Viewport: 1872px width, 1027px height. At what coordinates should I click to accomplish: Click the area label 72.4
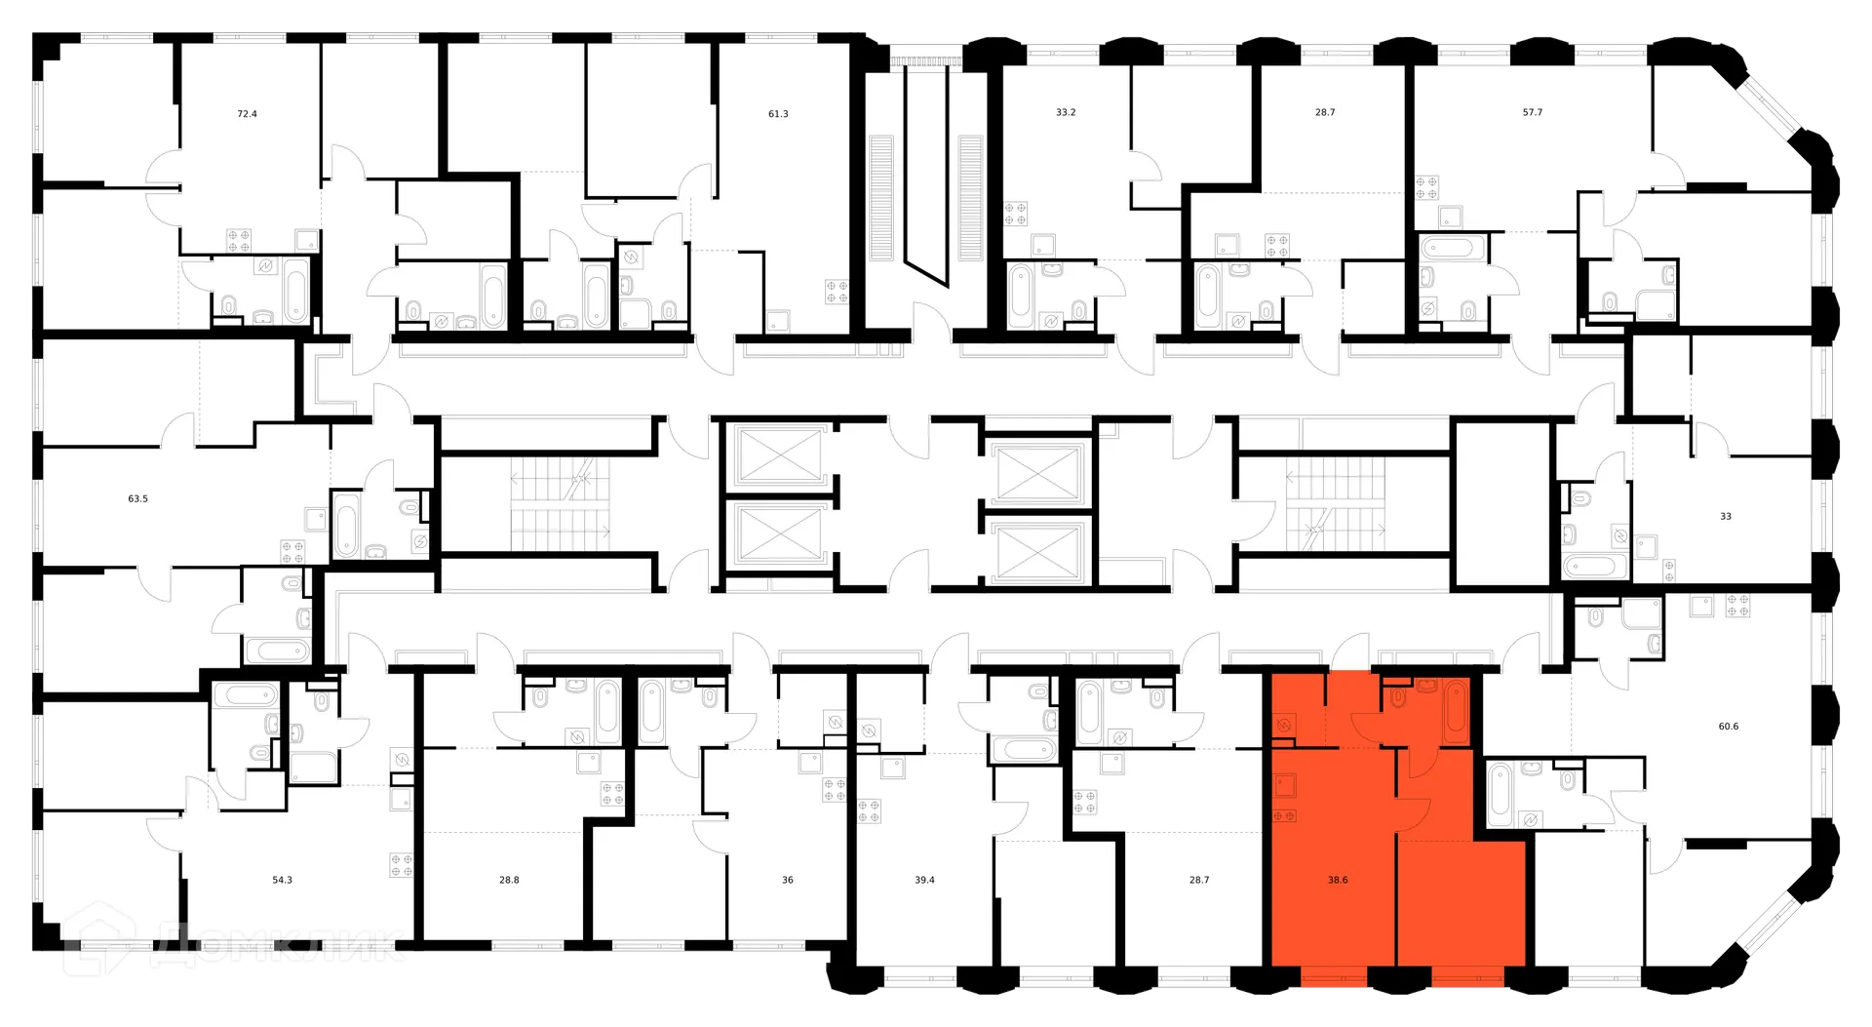pos(248,114)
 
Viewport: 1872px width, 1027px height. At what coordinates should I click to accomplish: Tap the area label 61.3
pos(778,114)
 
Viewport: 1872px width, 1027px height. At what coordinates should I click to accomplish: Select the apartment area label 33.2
pos(1066,112)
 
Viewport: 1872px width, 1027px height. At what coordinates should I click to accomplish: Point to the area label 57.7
pos(1533,112)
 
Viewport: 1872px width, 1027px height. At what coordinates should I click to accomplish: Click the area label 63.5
pos(137,498)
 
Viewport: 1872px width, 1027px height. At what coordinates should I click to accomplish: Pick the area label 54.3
pos(282,880)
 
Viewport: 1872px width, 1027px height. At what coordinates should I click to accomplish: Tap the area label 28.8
pos(509,880)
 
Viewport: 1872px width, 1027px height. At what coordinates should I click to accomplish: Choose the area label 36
pos(788,880)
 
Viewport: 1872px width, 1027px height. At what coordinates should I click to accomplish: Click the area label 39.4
pos(924,880)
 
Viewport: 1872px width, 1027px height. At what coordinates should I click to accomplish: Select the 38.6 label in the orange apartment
pos(1338,879)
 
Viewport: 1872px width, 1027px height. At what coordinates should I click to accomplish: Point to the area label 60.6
pos(1729,726)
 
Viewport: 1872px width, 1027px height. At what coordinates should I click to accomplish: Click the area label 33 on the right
pos(1726,516)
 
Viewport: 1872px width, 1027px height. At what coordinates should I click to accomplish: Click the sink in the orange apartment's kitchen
pos(1285,782)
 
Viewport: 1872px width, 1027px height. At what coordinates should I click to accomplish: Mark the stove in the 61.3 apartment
pos(836,291)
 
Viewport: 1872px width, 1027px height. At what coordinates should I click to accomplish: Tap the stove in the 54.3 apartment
pos(401,864)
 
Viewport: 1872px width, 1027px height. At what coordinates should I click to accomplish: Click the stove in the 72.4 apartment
pos(239,240)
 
